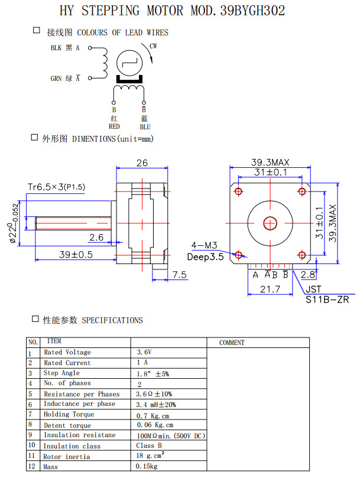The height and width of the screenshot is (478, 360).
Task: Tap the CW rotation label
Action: pos(153,45)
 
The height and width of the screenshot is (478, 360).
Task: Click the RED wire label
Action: pos(114,126)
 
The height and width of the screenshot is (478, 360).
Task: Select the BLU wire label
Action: pos(145,126)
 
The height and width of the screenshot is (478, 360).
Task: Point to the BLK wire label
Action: pos(58,48)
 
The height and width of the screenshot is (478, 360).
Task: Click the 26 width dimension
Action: pos(142,163)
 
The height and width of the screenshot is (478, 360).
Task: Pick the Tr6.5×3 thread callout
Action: pos(57,187)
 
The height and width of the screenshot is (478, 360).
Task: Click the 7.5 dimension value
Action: pos(180,275)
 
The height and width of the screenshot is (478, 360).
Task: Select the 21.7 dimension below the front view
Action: pos(270,289)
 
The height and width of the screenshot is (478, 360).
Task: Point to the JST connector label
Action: pos(314,290)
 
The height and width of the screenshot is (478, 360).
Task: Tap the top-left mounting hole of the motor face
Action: pos(238,191)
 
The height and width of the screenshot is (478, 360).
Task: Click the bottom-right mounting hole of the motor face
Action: pos(302,255)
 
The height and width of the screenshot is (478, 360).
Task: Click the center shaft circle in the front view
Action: pos(270,223)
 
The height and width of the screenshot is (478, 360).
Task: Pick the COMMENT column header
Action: pos(232,342)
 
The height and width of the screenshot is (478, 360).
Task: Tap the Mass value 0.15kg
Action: pos(147,467)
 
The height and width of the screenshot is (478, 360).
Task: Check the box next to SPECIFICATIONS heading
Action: pos(35,319)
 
